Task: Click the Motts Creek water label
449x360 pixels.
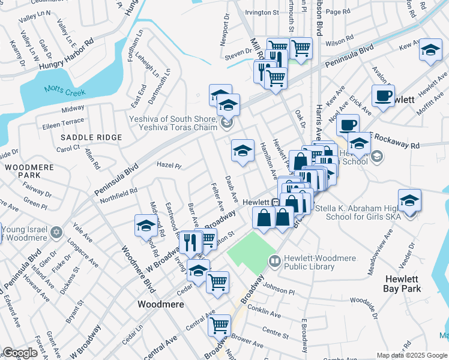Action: point(64,92)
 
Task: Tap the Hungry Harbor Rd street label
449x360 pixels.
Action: point(67,55)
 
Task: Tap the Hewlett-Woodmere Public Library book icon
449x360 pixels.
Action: point(275,261)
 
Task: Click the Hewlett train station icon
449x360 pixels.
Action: point(274,203)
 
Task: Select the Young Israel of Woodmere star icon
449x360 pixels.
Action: point(56,232)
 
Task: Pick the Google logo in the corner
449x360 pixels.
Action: point(20,353)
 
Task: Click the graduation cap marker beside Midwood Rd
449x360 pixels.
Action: point(146,226)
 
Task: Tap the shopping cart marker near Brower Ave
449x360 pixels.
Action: point(220,326)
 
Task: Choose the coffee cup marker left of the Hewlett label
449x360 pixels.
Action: point(382,95)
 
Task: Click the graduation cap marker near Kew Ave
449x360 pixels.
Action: point(430,50)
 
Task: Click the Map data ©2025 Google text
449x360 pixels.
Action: point(412,355)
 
